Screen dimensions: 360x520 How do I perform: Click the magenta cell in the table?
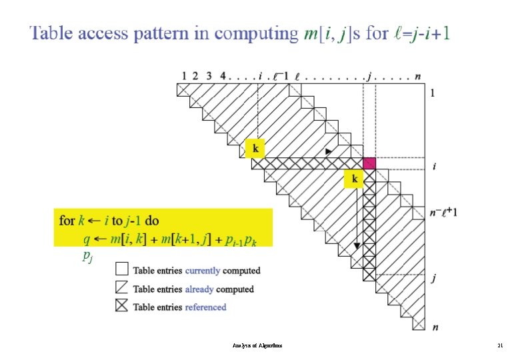pyautogui.click(x=369, y=163)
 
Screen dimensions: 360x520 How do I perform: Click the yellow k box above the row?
pyautogui.click(x=254, y=148)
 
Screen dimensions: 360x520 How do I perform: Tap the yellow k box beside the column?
pyautogui.click(x=353, y=179)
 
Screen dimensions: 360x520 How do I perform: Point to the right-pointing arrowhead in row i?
pyautogui.click(x=328, y=153)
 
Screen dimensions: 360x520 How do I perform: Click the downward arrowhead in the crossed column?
pyautogui.click(x=357, y=247)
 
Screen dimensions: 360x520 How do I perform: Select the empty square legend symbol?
pyautogui.click(x=122, y=269)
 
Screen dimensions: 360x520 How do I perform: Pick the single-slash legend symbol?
pyautogui.click(x=122, y=288)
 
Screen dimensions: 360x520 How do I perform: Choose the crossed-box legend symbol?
pyautogui.click(x=122, y=307)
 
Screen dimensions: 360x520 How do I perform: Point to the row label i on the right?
pyautogui.click(x=435, y=166)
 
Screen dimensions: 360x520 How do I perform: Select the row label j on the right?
pyautogui.click(x=435, y=279)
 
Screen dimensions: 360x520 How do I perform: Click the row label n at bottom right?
pyautogui.click(x=435, y=327)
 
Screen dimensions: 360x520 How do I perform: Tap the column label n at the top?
pyautogui.click(x=417, y=76)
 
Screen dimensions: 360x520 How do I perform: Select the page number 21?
pyautogui.click(x=500, y=346)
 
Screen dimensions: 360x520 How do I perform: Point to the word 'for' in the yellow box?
pyautogui.click(x=67, y=220)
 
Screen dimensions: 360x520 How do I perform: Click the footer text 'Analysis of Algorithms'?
pyautogui.click(x=257, y=346)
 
